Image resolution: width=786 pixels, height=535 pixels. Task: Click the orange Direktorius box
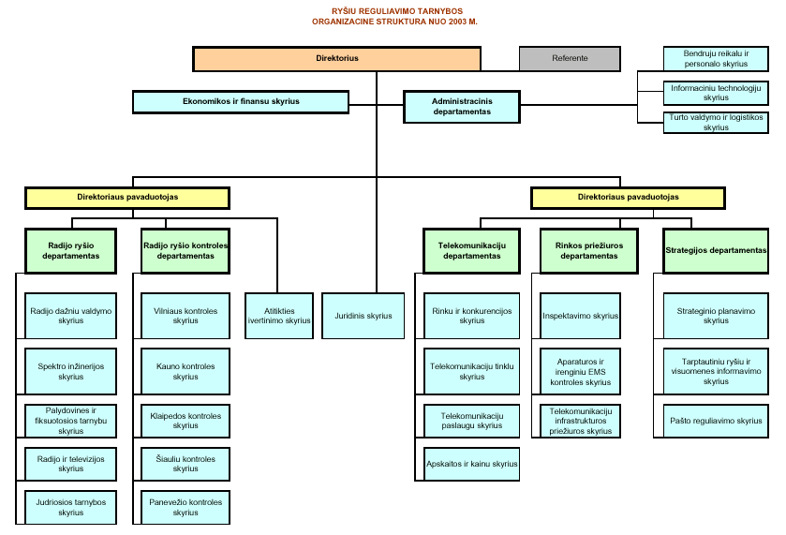pos(337,58)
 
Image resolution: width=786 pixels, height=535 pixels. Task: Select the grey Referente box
pos(570,58)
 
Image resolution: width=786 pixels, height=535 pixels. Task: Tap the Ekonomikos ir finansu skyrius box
pos(241,101)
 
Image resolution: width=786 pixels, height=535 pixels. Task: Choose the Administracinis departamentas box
pos(461,106)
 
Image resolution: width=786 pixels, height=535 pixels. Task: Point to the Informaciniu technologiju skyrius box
pos(716,93)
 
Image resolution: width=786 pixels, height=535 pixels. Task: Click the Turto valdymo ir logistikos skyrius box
pos(716,123)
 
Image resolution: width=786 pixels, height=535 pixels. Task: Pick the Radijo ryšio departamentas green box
pos(70,250)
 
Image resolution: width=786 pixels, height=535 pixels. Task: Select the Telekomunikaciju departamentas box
pos(471,250)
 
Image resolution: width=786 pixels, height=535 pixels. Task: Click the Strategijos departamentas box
pos(716,250)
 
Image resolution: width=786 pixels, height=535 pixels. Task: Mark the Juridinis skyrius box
pos(363,316)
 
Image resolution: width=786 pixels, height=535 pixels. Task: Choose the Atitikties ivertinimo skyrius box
pos(278,316)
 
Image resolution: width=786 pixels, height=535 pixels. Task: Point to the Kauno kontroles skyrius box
pos(185,371)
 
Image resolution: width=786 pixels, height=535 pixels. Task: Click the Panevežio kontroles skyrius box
pos(185,507)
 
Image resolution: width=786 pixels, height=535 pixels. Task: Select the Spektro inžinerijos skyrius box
pos(70,371)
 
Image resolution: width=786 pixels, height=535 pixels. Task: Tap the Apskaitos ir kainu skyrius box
pos(471,464)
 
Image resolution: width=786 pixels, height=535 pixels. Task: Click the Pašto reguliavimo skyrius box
pos(716,421)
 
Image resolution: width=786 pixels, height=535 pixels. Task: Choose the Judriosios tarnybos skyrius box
pos(70,507)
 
